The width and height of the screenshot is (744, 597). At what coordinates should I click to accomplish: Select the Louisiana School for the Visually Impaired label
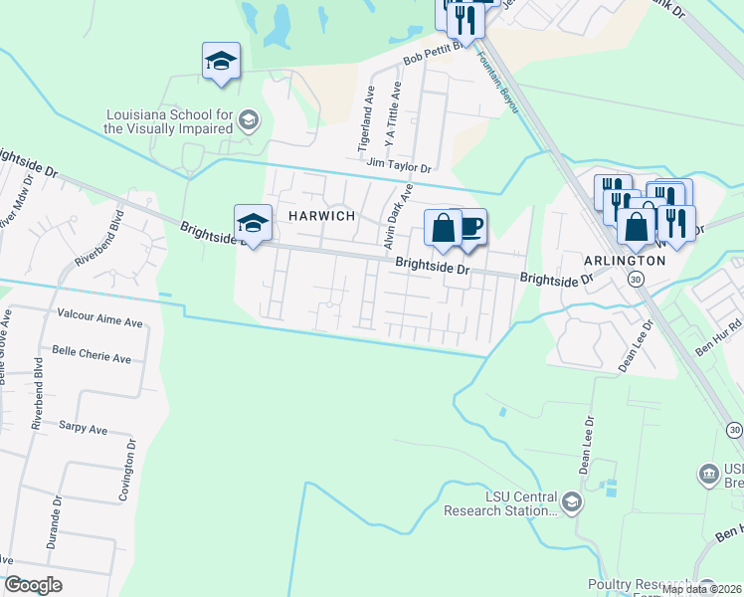[x=169, y=121]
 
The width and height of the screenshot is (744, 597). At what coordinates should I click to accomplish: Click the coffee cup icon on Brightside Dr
[x=469, y=228]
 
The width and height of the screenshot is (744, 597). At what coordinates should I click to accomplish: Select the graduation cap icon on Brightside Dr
[x=253, y=223]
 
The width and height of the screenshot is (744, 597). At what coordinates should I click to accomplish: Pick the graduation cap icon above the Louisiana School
[x=221, y=62]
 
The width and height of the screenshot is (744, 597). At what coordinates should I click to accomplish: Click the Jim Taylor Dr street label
[x=398, y=166]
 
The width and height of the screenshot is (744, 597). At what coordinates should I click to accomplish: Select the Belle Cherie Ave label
[x=92, y=357]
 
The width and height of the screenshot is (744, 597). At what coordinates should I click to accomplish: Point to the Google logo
[x=33, y=585]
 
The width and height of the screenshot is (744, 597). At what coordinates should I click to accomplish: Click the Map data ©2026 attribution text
[x=701, y=589]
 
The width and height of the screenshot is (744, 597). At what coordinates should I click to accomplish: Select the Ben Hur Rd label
[x=718, y=337]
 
